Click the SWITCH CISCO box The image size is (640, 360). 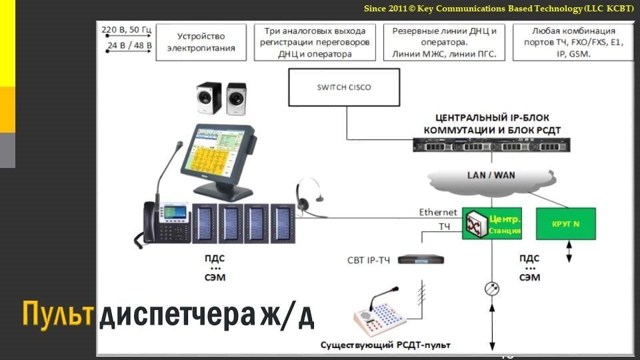click(x=344, y=87)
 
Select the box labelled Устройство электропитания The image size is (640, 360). click(x=201, y=43)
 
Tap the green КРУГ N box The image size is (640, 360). click(x=565, y=224)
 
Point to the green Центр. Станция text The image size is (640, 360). click(x=505, y=225)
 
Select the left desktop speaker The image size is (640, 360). click(x=209, y=100)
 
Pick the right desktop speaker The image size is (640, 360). click(x=236, y=100)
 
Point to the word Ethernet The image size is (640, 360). click(x=438, y=213)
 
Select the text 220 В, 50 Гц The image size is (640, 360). click(x=126, y=30)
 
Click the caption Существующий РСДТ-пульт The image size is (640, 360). click(x=385, y=345)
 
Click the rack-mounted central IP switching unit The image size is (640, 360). click(x=491, y=143)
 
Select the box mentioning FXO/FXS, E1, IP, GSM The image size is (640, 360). click(x=573, y=43)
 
